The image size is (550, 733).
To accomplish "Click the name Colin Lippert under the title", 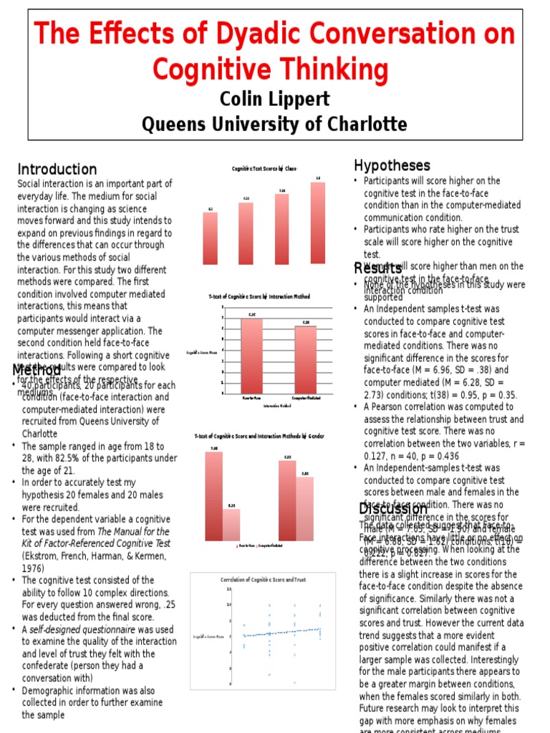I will pos(274,98).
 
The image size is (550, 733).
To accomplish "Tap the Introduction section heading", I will pos(57,170).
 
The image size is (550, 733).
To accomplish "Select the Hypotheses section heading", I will pos(392,166).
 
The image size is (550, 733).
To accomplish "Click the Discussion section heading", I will pos(393,508).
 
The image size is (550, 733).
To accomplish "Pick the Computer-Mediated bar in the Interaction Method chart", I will pos(306,359).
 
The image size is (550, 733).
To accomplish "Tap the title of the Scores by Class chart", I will pos(264,168).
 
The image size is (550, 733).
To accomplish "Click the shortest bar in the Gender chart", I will pos(231,525).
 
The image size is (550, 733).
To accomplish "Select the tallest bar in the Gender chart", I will pos(213,496).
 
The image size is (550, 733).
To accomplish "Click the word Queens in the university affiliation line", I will pos(175,124).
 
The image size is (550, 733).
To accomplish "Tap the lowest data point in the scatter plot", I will pos(295,682).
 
